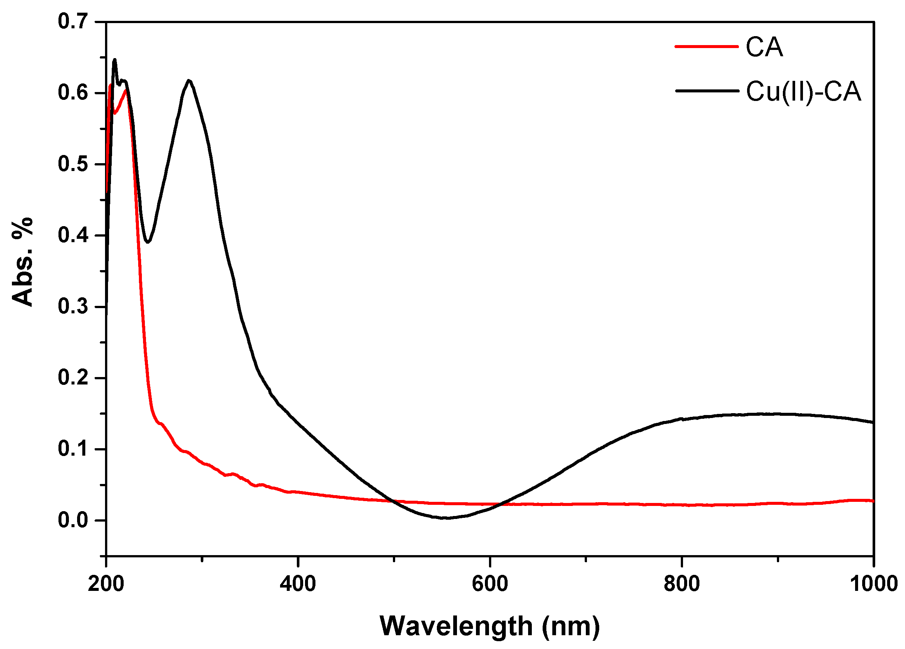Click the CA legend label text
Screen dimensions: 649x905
coord(764,47)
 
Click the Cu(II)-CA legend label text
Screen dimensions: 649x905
coord(803,92)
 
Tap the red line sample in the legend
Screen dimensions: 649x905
coord(706,47)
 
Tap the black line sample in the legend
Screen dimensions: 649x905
coord(707,91)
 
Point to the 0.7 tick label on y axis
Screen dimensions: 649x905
coord(73,21)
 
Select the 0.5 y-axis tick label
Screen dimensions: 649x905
coord(73,164)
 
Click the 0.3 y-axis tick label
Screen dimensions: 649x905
coord(73,307)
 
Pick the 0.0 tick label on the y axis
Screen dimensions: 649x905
coord(73,520)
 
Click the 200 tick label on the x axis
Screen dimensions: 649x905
coord(106,584)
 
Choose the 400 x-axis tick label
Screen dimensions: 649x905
coord(298,584)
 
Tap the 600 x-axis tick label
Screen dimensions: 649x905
coord(490,584)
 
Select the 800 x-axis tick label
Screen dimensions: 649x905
coord(682,584)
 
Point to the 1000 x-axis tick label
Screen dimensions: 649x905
coord(873,584)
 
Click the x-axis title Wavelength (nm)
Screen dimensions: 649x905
coord(490,626)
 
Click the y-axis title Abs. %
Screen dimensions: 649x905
coord(22,262)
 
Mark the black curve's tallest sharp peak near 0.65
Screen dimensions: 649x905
coord(115,60)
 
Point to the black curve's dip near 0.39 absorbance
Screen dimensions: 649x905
coord(147,242)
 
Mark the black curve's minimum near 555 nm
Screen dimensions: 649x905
coord(446,518)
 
